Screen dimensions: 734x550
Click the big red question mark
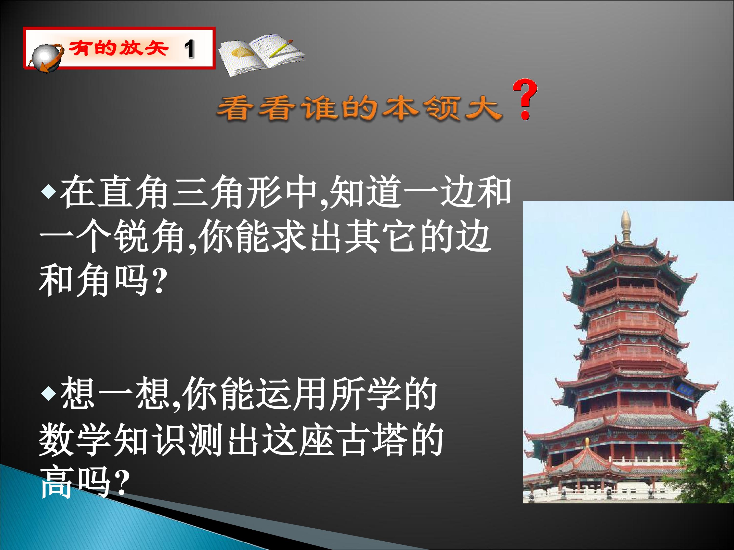click(x=525, y=100)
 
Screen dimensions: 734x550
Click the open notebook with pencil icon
click(x=261, y=54)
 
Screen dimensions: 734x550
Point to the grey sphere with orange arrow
click(x=46, y=58)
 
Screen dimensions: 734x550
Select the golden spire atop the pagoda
click(x=626, y=227)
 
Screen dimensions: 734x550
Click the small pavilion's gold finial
click(x=587, y=443)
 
